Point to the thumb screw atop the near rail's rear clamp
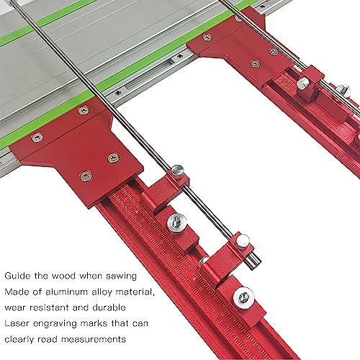[177, 171]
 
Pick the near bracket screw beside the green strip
[84, 111]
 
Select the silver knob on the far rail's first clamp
[303, 84]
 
